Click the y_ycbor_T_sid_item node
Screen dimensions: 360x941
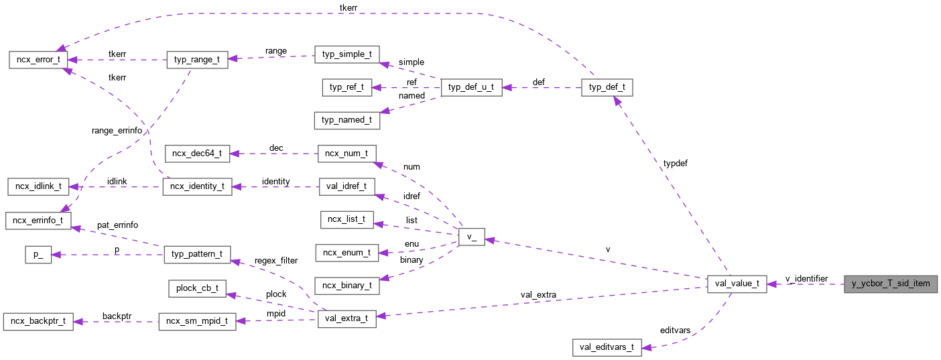tap(891, 284)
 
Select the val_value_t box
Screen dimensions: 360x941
tap(737, 284)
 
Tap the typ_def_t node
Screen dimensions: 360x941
tap(607, 87)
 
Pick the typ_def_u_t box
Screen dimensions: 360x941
tap(472, 87)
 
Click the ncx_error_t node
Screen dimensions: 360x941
tap(38, 59)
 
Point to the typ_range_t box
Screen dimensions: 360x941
tap(197, 59)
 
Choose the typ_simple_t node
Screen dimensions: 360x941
tap(347, 54)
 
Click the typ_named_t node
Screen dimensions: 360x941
tap(347, 120)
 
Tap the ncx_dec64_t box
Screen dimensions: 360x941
tap(197, 154)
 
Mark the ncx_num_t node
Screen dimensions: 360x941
tap(347, 154)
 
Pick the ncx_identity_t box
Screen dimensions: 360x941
tap(197, 186)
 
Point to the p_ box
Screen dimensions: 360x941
tap(38, 255)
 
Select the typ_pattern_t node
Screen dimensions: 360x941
tap(197, 255)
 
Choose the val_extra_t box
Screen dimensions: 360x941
tap(347, 318)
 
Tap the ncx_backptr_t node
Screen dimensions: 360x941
tap(38, 321)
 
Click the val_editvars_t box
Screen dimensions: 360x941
tap(607, 347)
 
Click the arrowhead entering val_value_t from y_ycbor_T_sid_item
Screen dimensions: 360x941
tap(771, 284)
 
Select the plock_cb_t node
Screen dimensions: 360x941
tap(197, 288)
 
